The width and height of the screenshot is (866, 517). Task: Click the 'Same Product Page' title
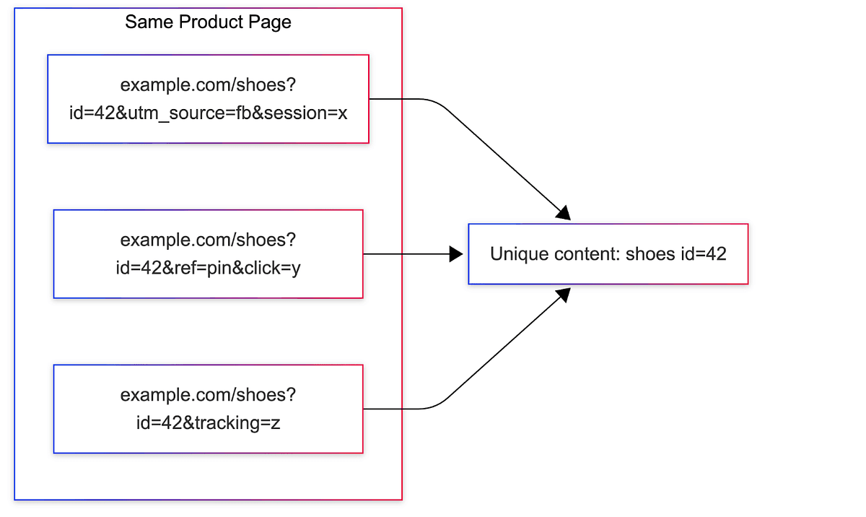pos(208,22)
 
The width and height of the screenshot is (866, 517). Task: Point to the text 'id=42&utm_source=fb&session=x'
pos(209,113)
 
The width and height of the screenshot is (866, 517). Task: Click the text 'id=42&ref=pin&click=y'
pos(209,269)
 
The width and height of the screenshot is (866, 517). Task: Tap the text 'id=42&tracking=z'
pos(209,423)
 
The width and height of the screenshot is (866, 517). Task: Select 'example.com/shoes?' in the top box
pos(209,85)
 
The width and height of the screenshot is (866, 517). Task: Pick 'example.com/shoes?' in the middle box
pos(209,240)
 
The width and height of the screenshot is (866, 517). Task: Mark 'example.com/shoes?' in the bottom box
pos(209,395)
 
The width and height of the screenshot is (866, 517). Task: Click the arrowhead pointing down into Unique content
pos(563,212)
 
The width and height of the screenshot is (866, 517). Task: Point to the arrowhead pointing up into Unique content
pos(563,295)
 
